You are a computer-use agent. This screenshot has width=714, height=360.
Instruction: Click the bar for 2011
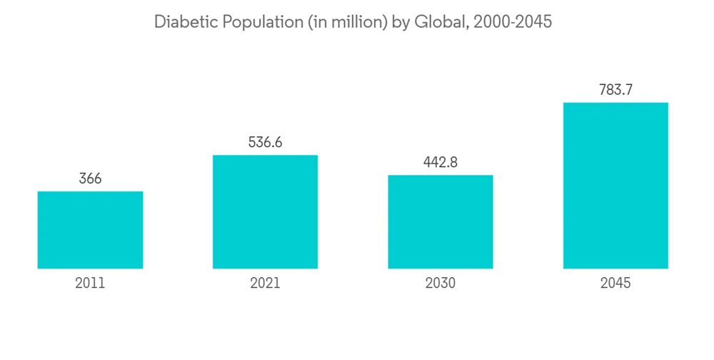[90, 230]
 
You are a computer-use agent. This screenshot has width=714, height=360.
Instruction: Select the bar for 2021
[265, 212]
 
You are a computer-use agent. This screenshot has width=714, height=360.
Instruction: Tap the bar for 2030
[441, 222]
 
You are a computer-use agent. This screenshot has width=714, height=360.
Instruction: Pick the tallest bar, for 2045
[615, 186]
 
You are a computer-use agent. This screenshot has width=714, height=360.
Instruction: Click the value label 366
[90, 179]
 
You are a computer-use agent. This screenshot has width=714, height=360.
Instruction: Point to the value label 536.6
[265, 143]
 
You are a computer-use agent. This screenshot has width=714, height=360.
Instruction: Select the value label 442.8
[441, 162]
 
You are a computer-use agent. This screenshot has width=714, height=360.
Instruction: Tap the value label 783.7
[615, 90]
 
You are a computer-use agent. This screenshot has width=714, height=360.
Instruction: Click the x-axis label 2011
[90, 283]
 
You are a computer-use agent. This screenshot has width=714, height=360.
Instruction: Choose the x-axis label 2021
[265, 283]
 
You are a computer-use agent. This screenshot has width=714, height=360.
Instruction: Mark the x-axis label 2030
[441, 283]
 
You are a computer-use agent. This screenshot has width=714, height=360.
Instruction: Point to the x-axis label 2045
[615, 283]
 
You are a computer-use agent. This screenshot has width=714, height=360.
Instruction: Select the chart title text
[353, 22]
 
